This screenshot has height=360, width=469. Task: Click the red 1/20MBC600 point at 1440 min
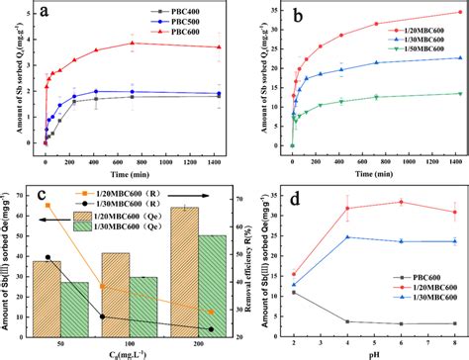[x=458, y=13]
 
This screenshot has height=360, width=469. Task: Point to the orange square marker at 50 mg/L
[x=47, y=207]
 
